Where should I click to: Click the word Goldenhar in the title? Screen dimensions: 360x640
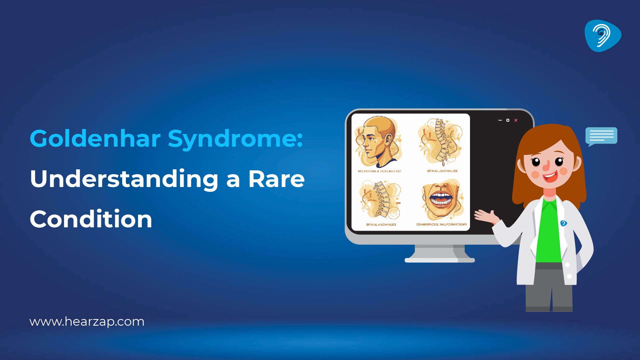(95, 138)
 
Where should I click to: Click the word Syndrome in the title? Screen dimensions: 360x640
(235, 138)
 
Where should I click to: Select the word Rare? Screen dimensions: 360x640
(276, 179)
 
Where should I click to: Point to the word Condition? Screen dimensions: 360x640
(91, 219)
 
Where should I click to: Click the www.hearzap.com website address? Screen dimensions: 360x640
(87, 322)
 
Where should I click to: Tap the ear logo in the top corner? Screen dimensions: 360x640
(602, 36)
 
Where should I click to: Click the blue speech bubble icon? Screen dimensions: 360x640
(601, 136)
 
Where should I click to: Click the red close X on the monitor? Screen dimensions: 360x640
(516, 120)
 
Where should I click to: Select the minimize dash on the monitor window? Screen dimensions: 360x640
(500, 120)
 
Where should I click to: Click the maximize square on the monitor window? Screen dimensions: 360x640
(508, 120)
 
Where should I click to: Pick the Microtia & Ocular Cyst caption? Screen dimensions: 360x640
(379, 171)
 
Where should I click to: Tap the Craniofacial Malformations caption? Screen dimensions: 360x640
(441, 225)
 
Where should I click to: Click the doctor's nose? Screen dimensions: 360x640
(546, 166)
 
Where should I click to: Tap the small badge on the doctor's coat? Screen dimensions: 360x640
(563, 223)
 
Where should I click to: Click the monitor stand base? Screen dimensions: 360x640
(439, 260)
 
